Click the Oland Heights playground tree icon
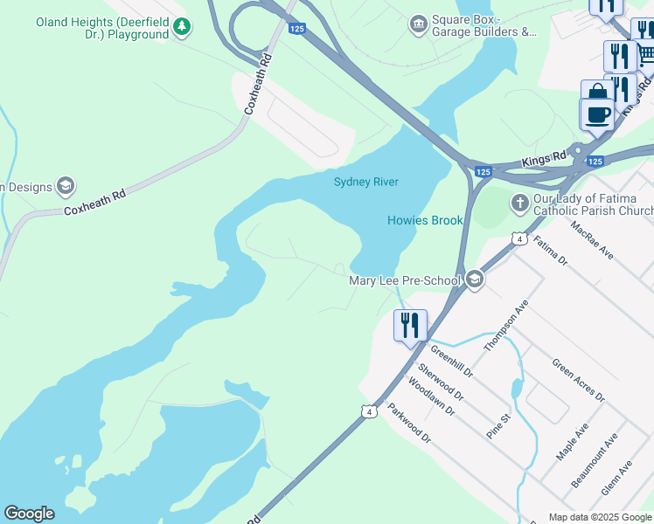coord(181,27)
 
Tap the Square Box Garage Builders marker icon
coord(418,22)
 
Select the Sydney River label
coord(365,182)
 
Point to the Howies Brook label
coord(425,220)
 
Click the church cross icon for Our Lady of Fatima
coord(519,203)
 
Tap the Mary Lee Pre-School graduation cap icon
coord(475,279)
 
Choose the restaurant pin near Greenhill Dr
coord(410,325)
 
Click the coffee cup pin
coord(598,114)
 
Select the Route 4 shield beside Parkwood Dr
coord(370,411)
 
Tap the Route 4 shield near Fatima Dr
coord(519,238)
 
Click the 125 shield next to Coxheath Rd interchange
coord(296,29)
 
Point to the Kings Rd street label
coord(545,160)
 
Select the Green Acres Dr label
coord(578,380)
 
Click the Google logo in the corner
coord(29,514)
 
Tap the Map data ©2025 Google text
coord(599,517)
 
